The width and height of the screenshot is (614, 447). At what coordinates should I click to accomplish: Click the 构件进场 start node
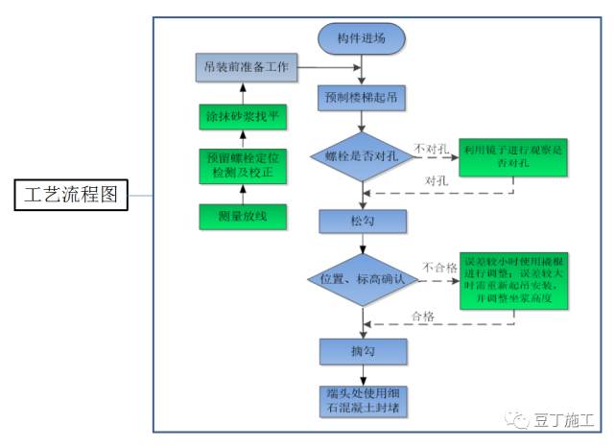(362, 39)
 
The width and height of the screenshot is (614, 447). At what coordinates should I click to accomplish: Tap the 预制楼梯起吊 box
(362, 98)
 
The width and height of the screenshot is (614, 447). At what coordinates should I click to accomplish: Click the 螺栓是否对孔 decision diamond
(362, 155)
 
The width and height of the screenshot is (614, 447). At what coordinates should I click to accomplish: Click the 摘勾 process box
(362, 352)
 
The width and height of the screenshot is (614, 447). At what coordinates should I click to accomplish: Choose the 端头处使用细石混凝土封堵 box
(362, 401)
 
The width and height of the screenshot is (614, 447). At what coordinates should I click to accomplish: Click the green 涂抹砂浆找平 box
(242, 117)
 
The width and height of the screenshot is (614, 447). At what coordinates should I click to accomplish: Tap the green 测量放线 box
(242, 217)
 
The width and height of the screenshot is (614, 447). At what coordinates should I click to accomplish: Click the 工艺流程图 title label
(71, 195)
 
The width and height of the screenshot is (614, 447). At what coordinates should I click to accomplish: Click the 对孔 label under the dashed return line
(434, 181)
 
